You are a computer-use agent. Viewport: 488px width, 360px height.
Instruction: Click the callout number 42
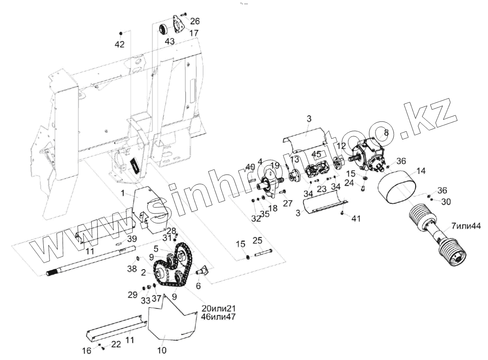coord(119,44)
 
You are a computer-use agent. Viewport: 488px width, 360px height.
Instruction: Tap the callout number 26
coord(195,21)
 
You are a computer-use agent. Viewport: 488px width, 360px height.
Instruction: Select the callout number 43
coord(170,41)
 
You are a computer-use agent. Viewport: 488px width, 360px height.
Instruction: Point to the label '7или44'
coord(466,226)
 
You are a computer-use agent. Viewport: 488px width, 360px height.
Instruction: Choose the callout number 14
coord(421,171)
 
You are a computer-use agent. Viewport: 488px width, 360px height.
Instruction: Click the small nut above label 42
coord(121,32)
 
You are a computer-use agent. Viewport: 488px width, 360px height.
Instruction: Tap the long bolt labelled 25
coord(262,252)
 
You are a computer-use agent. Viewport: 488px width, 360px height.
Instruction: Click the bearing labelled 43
coord(164,29)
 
